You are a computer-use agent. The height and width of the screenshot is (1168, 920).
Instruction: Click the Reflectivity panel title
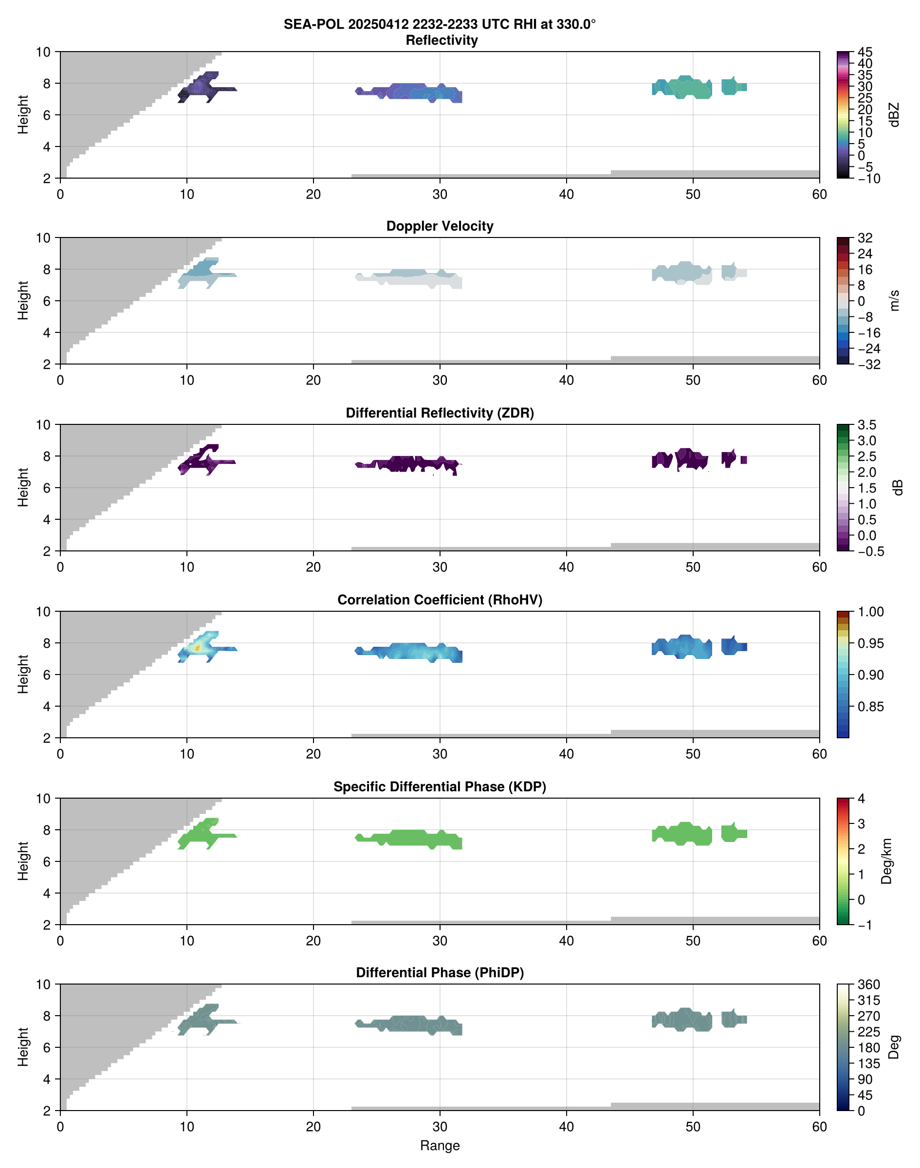[442, 40]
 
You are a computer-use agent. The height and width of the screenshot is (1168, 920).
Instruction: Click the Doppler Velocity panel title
[440, 226]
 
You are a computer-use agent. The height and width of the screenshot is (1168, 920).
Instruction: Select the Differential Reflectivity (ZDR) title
[440, 413]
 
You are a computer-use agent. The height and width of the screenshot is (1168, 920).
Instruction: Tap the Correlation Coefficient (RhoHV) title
[440, 600]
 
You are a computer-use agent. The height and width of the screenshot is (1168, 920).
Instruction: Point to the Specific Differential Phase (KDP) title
[440, 787]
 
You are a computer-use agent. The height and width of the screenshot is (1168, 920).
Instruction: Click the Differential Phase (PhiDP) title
[440, 972]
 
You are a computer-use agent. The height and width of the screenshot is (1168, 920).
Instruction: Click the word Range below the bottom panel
[440, 1146]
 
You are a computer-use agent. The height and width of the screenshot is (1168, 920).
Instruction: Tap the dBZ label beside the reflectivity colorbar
[894, 115]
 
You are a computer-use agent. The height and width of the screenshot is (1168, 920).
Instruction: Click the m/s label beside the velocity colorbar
[894, 300]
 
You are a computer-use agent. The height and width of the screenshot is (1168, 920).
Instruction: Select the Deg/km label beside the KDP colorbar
[886, 861]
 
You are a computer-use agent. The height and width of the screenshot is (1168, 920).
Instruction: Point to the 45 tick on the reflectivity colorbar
[865, 52]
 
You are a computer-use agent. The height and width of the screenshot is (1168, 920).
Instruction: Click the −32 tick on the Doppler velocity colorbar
[868, 365]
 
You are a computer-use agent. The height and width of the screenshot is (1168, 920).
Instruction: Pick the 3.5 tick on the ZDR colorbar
[866, 425]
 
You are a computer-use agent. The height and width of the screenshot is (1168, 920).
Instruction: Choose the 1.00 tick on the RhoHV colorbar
[870, 612]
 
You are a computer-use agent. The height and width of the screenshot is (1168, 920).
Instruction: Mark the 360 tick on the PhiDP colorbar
[868, 985]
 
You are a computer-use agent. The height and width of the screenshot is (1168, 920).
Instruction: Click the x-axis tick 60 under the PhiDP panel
[819, 1126]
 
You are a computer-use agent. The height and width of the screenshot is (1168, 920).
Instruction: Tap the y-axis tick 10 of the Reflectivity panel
[43, 52]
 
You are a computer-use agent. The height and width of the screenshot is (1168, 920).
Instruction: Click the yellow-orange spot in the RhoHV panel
[198, 648]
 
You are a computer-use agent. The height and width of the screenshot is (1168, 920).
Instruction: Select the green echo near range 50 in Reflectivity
[692, 88]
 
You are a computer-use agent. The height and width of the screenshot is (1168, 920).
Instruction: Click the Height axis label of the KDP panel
[22, 861]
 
